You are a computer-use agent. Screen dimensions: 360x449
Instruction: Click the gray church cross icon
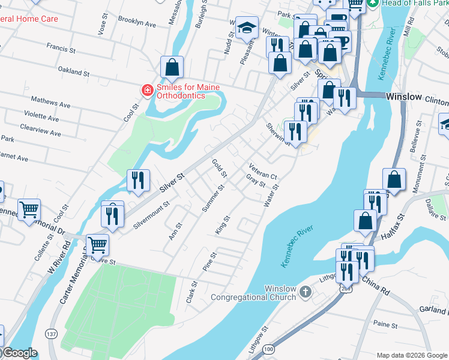tap(306, 292)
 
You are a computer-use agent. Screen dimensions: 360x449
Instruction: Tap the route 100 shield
tap(268, 349)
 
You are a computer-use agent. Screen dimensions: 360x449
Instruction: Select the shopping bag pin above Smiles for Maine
tap(172, 68)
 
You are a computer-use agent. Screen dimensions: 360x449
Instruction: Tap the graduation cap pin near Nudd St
tap(246, 28)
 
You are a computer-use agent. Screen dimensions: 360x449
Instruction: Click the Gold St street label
tap(219, 169)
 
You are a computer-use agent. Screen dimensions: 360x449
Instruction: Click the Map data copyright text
tap(411, 355)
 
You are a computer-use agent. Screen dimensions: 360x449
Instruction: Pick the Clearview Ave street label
tap(40, 128)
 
